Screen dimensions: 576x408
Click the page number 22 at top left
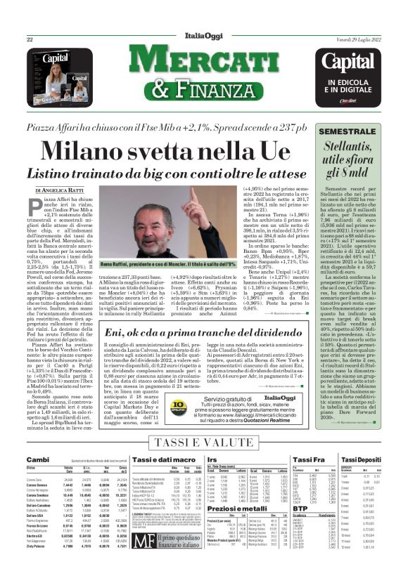click(x=30, y=39)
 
